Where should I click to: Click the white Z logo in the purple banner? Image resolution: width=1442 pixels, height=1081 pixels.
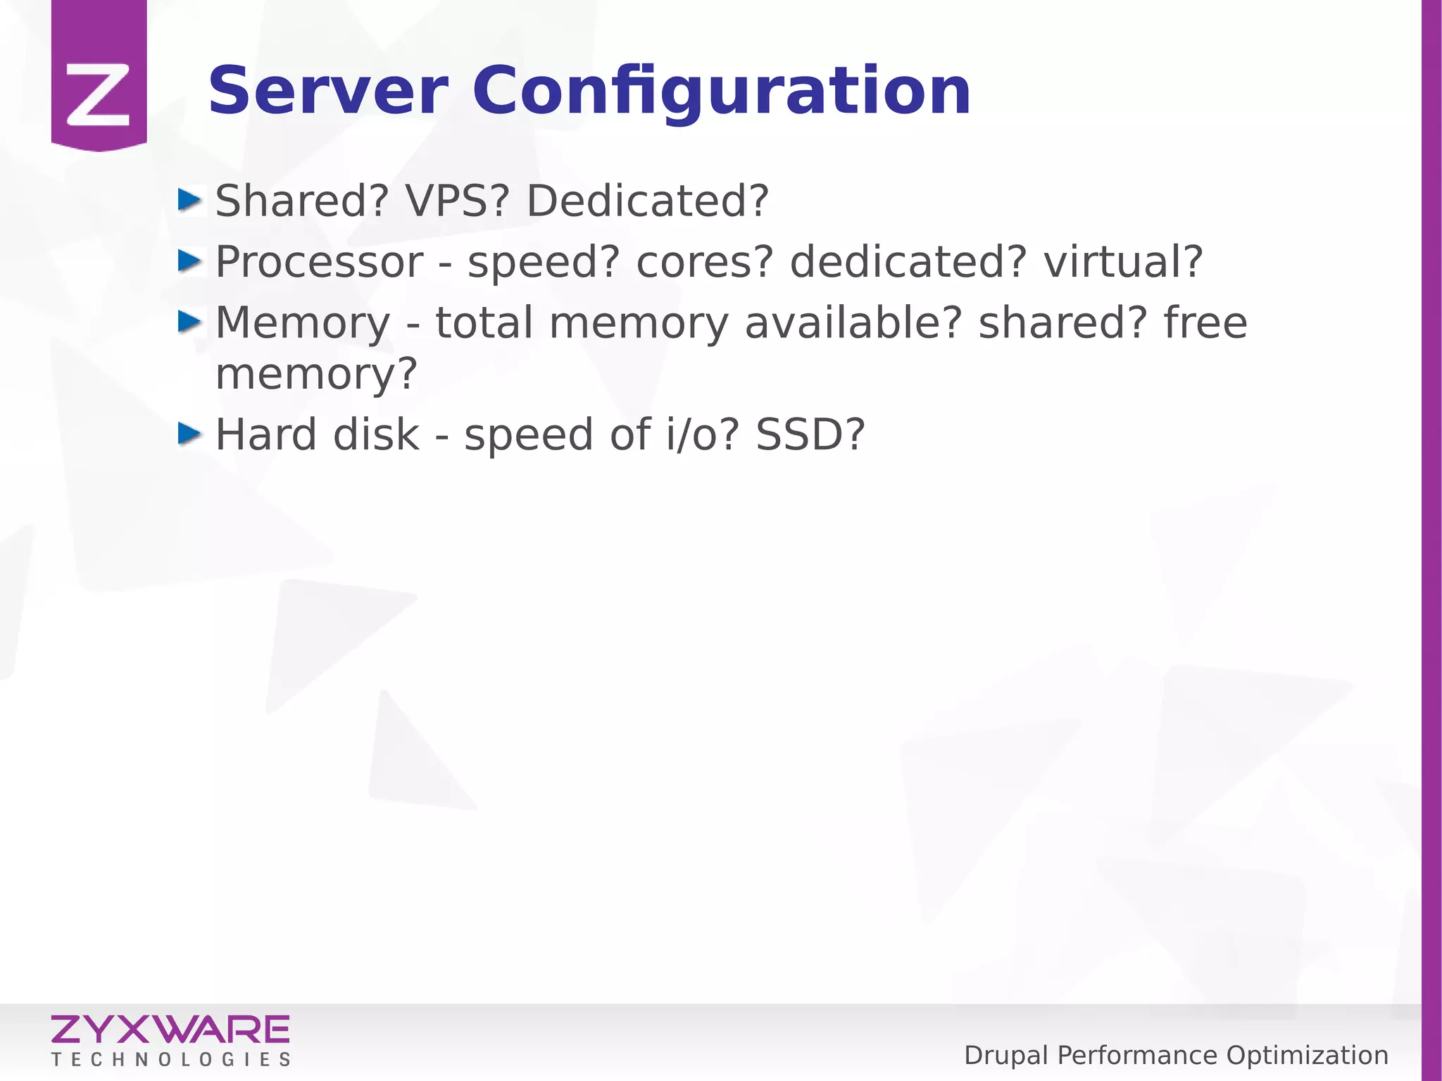(99, 94)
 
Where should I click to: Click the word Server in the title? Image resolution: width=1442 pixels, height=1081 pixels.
(327, 92)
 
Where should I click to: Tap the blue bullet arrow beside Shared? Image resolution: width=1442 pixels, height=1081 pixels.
(189, 200)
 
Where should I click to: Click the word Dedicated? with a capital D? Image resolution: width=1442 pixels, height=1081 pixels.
(647, 201)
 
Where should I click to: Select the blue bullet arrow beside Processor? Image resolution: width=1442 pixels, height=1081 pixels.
(189, 261)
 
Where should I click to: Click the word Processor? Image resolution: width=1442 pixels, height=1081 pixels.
(319, 262)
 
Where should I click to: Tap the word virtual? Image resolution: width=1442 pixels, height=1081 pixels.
(1122, 262)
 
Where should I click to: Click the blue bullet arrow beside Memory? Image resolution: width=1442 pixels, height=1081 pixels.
(189, 322)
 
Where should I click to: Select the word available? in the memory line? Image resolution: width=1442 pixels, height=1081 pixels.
(853, 323)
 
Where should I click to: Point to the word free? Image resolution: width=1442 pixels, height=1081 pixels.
(1205, 323)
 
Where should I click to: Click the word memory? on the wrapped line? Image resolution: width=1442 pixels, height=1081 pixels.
(316, 374)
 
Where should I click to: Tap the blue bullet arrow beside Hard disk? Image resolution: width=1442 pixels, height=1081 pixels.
(189, 434)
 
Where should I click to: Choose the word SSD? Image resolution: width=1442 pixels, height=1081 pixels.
(810, 435)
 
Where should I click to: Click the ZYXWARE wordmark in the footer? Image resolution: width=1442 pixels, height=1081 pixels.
(170, 1030)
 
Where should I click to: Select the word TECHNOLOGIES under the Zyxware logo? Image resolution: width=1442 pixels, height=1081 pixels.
(170, 1060)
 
